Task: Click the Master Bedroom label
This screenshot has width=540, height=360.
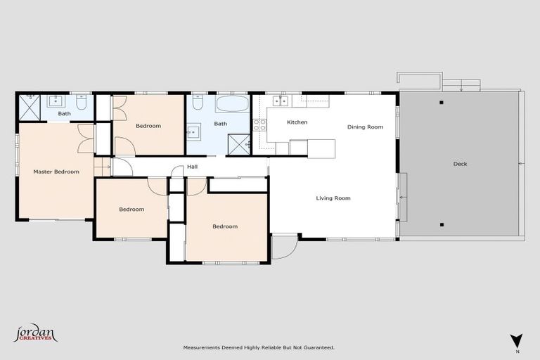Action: (x=56, y=172)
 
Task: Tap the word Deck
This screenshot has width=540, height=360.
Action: (x=460, y=164)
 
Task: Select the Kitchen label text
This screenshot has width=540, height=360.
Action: (x=297, y=122)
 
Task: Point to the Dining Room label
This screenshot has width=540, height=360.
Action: (x=365, y=127)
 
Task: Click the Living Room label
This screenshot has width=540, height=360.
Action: (x=333, y=198)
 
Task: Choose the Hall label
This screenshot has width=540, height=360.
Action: (x=192, y=167)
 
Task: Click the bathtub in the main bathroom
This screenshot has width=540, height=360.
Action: (x=232, y=105)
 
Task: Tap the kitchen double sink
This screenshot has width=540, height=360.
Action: (x=281, y=101)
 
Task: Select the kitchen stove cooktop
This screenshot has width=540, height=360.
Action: (x=259, y=124)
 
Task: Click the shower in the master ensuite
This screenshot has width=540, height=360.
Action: (x=30, y=105)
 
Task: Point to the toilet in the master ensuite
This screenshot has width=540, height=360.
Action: (x=82, y=103)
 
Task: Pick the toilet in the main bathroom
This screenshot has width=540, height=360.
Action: (x=198, y=104)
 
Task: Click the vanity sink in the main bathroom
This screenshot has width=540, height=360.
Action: (x=193, y=131)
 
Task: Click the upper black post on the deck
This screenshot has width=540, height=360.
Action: (x=442, y=103)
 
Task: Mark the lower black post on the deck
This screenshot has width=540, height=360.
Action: (x=442, y=225)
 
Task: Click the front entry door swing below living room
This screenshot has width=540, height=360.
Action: (x=283, y=245)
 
